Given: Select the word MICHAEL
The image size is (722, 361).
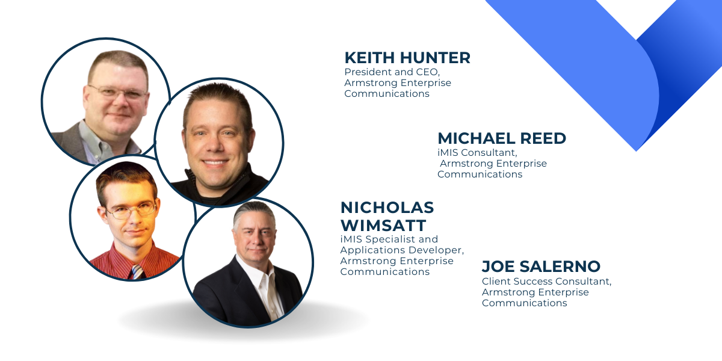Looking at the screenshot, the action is coord(476,138).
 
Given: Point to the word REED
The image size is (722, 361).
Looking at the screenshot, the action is coord(543,138).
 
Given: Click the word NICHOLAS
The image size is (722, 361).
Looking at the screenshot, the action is coord(387,208).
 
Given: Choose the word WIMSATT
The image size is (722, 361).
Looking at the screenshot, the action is coord(383,226).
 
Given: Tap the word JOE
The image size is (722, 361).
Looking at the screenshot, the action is coord(498,267).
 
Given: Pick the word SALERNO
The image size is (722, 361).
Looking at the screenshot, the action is coord(560,267).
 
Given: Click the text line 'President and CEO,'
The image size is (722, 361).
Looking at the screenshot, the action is coord(392,72).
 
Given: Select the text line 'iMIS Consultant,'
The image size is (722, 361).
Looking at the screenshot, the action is coord(477,152).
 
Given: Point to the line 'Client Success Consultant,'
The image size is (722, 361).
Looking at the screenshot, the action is coord(547,282).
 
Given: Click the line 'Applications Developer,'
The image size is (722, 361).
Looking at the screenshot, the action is coord(403,250).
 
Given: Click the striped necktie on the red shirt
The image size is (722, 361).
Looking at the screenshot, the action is coord(138,272).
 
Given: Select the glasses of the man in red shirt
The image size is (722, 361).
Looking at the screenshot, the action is coord(132,209).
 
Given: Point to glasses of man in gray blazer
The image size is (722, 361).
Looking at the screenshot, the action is coord(119,92).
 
